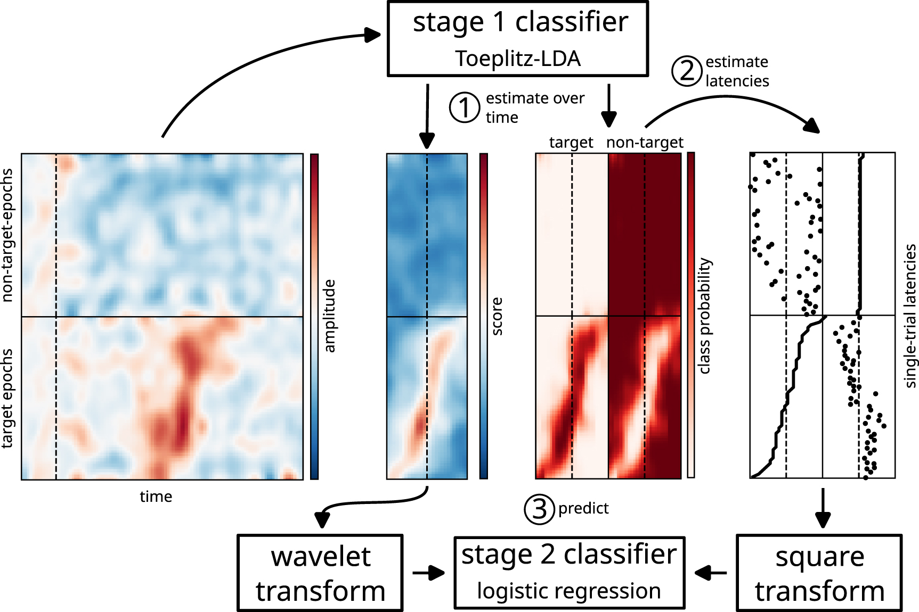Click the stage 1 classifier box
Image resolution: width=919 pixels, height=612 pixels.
tap(517, 38)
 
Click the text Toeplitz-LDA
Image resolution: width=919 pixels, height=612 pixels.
tap(517, 59)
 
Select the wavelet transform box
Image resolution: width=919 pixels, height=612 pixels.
tap(320, 573)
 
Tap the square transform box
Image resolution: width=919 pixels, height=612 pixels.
tap(819, 573)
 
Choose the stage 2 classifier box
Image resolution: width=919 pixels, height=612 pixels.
tap(569, 573)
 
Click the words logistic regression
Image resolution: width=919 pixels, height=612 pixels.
tap(569, 591)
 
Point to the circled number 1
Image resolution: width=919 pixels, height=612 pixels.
tap(465, 107)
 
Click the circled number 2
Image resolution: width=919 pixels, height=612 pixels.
tap(687, 71)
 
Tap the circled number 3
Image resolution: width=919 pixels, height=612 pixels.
tap(539, 509)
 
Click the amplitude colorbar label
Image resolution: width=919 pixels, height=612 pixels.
tap(330, 316)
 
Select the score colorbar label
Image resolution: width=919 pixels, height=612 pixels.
tap(497, 316)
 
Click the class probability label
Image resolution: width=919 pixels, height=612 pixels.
tap(704, 316)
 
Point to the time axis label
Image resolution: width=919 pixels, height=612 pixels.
tap(156, 497)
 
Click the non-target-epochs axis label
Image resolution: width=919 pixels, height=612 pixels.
tap(7, 235)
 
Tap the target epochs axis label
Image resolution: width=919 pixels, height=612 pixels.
tap(7, 398)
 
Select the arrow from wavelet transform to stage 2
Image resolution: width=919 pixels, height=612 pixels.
tap(428, 573)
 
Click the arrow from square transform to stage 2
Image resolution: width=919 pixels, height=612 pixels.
tap(711, 573)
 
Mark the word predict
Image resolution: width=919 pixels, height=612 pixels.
tap(583, 509)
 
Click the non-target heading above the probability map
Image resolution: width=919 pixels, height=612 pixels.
tap(645, 143)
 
